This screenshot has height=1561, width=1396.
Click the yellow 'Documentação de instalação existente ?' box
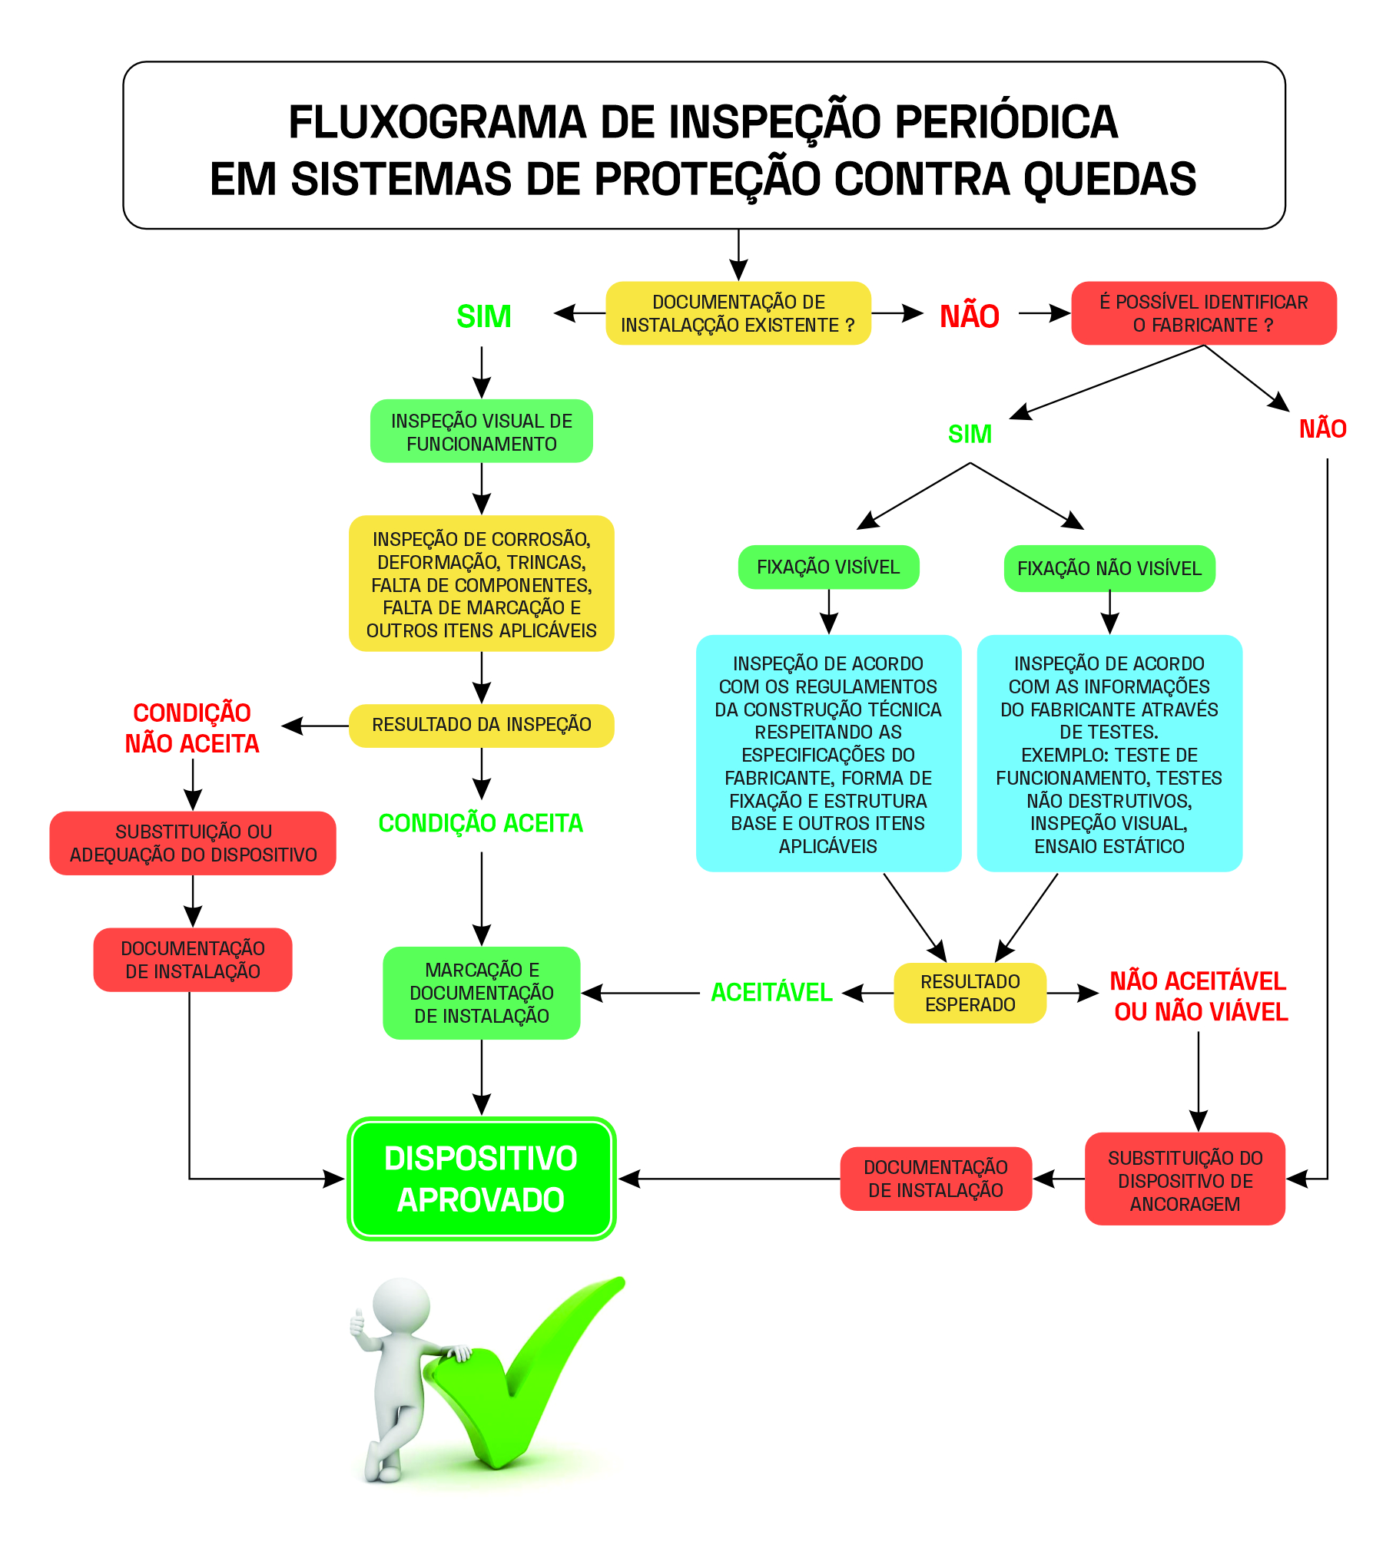coord(738,313)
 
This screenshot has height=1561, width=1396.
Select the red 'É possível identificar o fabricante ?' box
coord(1203,313)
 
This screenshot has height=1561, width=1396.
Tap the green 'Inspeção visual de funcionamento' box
coord(481,432)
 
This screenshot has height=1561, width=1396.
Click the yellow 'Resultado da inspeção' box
coord(481,725)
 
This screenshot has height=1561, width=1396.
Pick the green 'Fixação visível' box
coord(828,567)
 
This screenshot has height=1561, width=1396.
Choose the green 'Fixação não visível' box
coord(1109,569)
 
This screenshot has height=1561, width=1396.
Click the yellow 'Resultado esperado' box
coord(970,993)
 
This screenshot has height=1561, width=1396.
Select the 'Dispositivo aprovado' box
coord(481,1179)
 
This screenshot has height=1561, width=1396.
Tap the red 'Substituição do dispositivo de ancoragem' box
coord(1185,1180)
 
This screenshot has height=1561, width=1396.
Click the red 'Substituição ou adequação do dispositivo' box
coord(193,843)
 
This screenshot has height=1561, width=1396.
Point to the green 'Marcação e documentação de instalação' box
coord(481,993)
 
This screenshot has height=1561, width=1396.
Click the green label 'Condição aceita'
coord(481,823)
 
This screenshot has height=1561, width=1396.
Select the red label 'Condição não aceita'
coord(192,728)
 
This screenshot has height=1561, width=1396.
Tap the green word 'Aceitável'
coord(771,993)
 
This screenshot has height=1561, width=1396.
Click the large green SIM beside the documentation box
coord(484,316)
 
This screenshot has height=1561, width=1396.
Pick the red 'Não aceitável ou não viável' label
coord(1199,996)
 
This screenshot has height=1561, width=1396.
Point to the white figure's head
coord(401,1308)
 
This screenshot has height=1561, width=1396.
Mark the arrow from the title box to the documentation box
coord(738,256)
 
